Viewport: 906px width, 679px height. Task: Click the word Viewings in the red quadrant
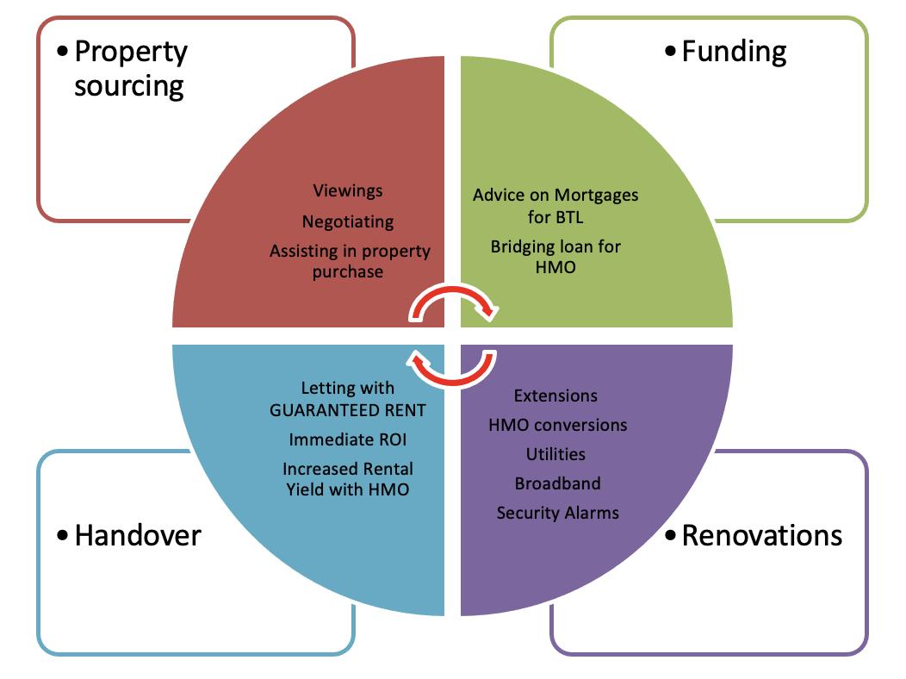(348, 190)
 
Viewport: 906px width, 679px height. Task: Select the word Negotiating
(348, 221)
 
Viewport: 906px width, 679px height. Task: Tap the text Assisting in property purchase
(350, 261)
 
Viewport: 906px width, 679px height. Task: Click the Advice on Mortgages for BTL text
(555, 204)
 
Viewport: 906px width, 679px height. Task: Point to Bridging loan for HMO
(555, 257)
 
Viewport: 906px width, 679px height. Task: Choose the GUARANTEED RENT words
(348, 409)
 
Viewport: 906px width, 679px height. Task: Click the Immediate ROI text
(348, 439)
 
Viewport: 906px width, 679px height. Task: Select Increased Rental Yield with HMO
(348, 479)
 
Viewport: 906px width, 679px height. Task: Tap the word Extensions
(555, 396)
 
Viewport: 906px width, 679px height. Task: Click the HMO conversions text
(558, 425)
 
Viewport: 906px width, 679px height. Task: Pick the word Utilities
(556, 454)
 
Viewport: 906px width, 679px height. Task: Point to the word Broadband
(558, 483)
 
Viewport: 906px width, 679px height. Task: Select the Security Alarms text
(558, 513)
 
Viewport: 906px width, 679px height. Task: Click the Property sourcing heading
(130, 69)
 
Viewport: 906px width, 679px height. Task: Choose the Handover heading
(137, 535)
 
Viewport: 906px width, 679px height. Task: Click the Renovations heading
(761, 535)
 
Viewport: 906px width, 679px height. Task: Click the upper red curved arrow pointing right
(453, 298)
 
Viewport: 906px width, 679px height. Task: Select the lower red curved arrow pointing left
(453, 367)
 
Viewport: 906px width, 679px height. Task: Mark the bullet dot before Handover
(62, 536)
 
